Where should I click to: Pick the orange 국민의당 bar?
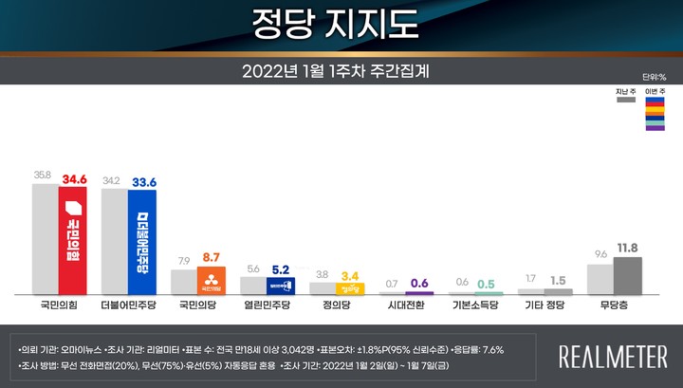pos(211,281)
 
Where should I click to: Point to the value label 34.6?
pos(73,177)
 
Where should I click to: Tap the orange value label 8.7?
pos(212,257)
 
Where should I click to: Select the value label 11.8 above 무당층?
pos(627,248)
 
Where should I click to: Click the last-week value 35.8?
pos(42,176)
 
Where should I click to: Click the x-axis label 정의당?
pos(336,307)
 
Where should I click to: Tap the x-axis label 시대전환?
pos(405,307)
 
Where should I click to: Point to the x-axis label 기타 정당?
pos(544,307)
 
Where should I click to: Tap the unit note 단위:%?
pos(653,76)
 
